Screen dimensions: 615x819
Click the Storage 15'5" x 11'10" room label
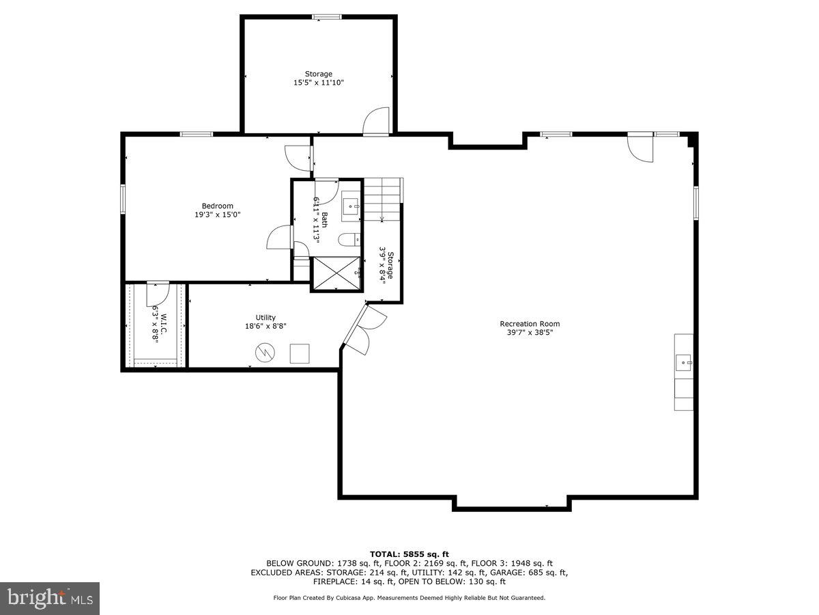(x=319, y=78)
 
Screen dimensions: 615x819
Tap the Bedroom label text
(x=217, y=210)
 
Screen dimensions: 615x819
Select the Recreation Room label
(x=530, y=328)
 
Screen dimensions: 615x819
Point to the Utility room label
(x=265, y=322)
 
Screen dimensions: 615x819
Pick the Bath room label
(x=321, y=219)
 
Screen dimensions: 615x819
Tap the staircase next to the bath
(x=382, y=200)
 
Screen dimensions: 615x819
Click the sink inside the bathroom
(x=351, y=204)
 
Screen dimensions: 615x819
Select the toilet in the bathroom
(x=349, y=239)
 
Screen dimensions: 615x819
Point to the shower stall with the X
(x=335, y=273)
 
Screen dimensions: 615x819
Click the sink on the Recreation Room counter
(x=683, y=362)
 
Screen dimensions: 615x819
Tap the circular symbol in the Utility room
(x=264, y=353)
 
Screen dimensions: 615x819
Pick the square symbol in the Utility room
(x=300, y=353)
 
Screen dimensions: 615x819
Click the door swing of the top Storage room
(x=376, y=122)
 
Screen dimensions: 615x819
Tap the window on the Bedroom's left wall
(x=124, y=198)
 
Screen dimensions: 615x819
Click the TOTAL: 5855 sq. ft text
(x=409, y=554)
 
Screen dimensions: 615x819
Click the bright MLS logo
(x=50, y=599)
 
